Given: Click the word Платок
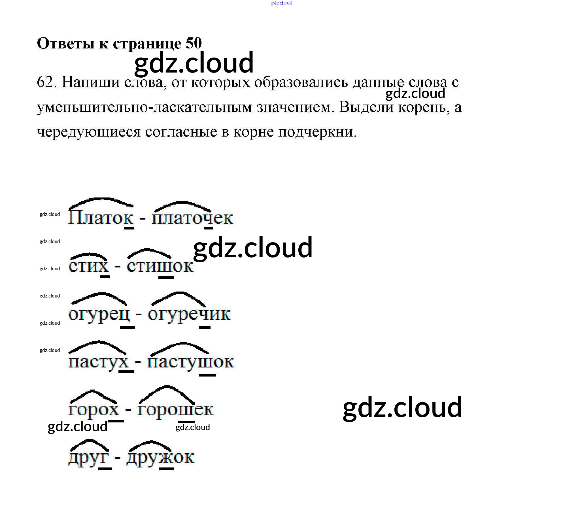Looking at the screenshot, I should pyautogui.click(x=100, y=218).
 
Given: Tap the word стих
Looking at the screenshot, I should pyautogui.click(x=88, y=266).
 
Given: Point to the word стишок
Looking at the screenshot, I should pyautogui.click(x=160, y=266).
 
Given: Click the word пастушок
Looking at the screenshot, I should pyautogui.click(x=190, y=362).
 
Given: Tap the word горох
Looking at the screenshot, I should pyautogui.click(x=94, y=410).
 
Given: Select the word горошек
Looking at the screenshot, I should pyautogui.click(x=175, y=410).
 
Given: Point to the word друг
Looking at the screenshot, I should pyautogui.click(x=88, y=458).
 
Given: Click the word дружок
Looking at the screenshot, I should pyautogui.click(x=160, y=458).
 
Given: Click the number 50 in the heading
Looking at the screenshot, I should pyautogui.click(x=194, y=43).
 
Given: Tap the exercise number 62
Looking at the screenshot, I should pyautogui.click(x=45, y=82).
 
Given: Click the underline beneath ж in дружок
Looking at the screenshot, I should pyautogui.click(x=167, y=469).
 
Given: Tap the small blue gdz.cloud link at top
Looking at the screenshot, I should pyautogui.click(x=281, y=3).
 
